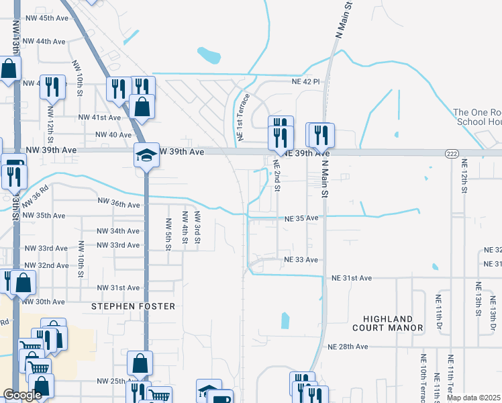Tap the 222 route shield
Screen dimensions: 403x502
[452, 154]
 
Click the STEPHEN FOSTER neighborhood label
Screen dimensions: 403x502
[133, 306]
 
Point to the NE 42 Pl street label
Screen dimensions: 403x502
[307, 81]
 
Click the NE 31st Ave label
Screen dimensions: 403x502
[351, 277]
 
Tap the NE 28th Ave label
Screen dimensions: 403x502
[348, 347]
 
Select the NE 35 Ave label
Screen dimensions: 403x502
[301, 218]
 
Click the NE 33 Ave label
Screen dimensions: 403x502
[301, 259]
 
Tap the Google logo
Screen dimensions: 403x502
[23, 395]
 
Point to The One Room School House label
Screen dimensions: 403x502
[477, 117]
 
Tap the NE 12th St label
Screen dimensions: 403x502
[464, 177]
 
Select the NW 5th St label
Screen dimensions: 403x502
[168, 233]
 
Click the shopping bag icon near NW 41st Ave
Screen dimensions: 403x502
[142, 106]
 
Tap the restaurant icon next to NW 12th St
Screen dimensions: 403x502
[52, 87]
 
